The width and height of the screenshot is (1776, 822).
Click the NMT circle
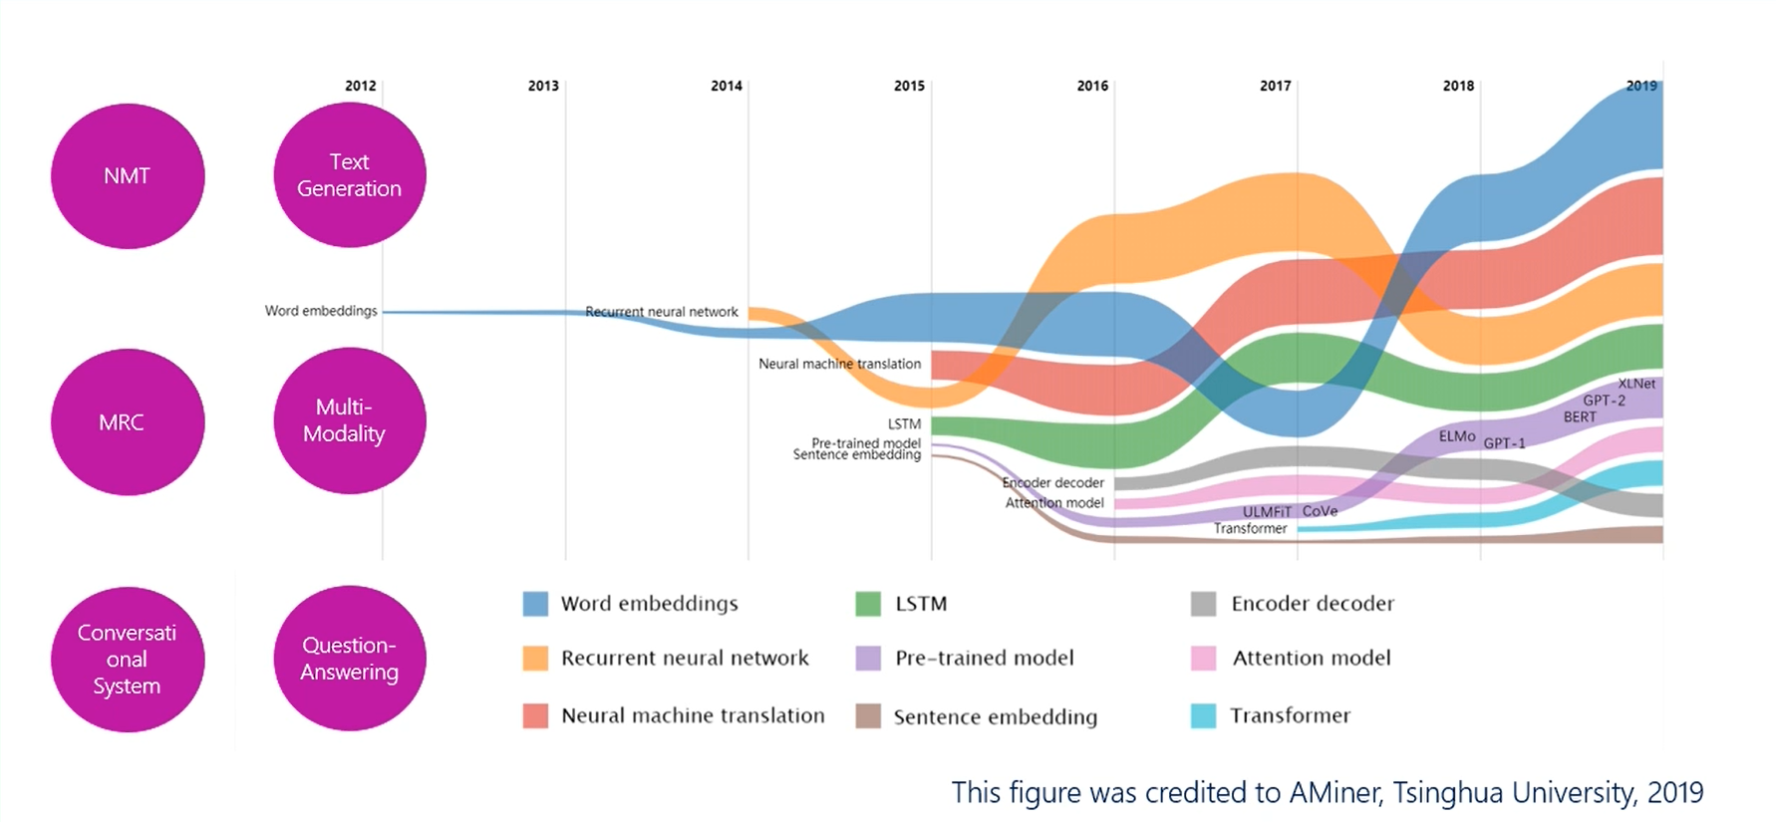128,176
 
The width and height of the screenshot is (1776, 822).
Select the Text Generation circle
350,175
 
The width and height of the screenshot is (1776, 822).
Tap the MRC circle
128,421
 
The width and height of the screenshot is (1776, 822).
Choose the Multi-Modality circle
350,420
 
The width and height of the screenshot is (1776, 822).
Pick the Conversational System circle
128,660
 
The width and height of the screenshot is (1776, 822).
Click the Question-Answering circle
350,659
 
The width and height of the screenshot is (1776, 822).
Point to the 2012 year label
361,86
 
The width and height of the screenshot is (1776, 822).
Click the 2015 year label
909,86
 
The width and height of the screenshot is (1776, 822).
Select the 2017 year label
1275,86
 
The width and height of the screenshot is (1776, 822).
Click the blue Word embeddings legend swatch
535,604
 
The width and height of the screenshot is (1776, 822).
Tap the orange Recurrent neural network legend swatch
535,659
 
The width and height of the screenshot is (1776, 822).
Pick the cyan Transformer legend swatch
1203,715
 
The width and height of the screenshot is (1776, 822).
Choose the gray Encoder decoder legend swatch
1203,604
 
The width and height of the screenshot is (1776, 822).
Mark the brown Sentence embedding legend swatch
868,716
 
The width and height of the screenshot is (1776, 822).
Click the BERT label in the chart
1580,416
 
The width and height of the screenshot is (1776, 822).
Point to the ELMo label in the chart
1457,436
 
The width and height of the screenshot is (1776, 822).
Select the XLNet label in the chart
1636,384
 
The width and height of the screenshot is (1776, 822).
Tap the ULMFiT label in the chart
1267,512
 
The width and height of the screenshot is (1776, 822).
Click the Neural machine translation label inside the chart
839,364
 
